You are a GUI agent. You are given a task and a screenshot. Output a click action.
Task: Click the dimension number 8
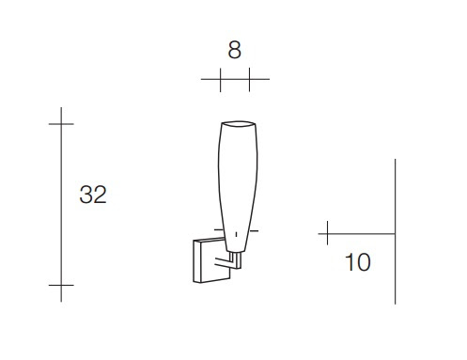pos(234,50)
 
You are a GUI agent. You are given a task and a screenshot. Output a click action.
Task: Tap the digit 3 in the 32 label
pos(86,195)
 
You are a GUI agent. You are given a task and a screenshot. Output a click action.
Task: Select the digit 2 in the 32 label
pos(101,195)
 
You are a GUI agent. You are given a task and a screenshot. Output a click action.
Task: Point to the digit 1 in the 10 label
pos(350,262)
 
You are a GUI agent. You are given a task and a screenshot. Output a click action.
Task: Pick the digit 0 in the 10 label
pos(364,262)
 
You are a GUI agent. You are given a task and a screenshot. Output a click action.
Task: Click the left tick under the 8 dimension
pos(221,80)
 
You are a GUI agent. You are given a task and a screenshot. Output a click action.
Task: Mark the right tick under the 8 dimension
pos(249,80)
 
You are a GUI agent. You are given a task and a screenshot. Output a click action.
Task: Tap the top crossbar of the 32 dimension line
pos(61,124)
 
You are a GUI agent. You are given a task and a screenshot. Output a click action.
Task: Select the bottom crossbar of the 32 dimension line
pos(61,285)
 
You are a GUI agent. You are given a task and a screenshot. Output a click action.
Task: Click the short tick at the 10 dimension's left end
pos(327,233)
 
